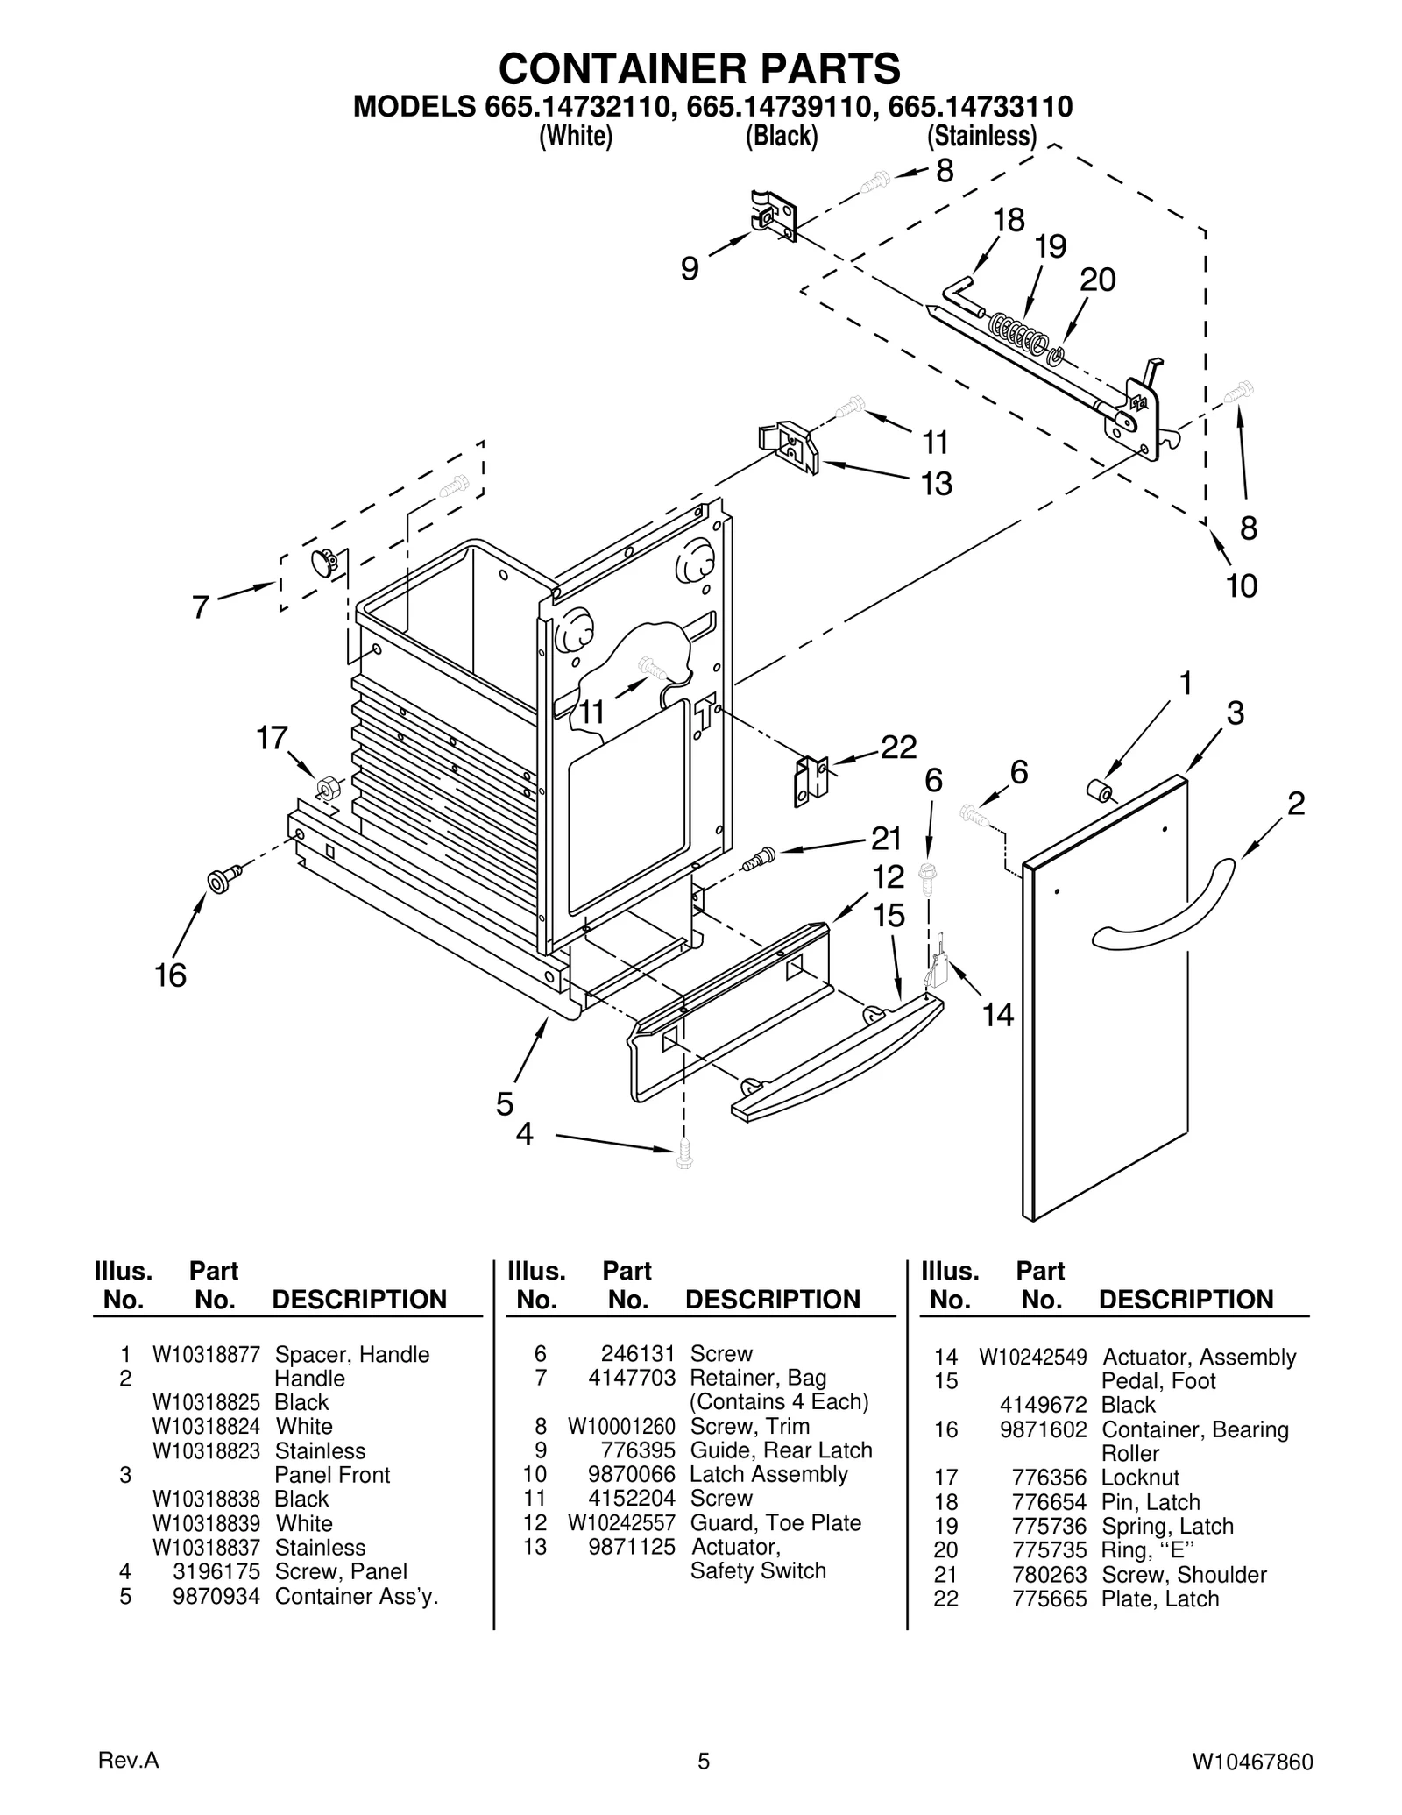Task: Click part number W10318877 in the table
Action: [x=206, y=1354]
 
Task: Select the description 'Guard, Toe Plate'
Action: [x=775, y=1522]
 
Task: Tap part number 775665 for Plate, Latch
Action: [x=1049, y=1599]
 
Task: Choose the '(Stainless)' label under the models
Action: [x=981, y=137]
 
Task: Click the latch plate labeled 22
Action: [x=811, y=780]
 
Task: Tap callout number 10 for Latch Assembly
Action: [x=1241, y=585]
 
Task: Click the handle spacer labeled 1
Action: [x=1098, y=792]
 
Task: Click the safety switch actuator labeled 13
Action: [x=789, y=446]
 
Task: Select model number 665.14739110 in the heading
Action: [x=781, y=107]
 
